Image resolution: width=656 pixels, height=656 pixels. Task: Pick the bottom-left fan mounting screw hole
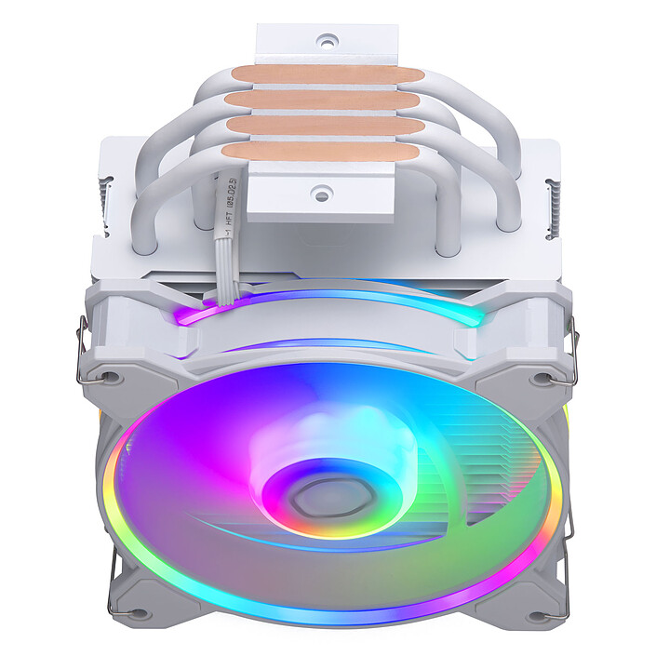pyautogui.click(x=112, y=614)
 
